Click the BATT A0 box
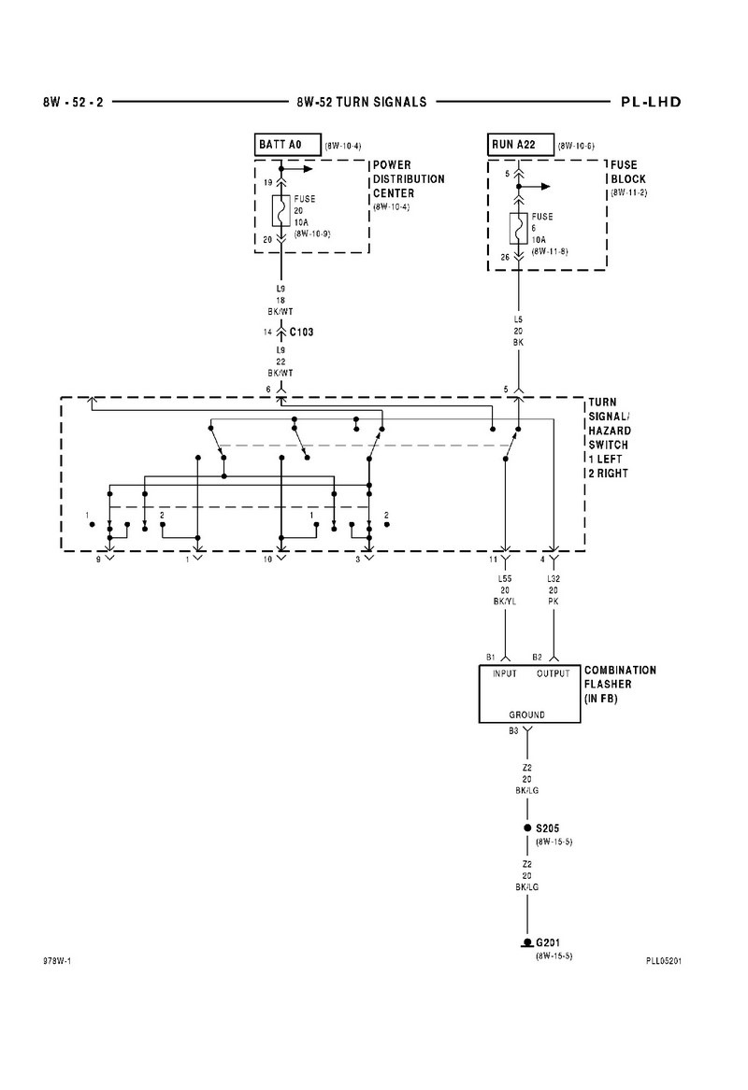pyautogui.click(x=288, y=145)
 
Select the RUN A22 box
pyautogui.click(x=521, y=145)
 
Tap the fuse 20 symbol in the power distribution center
pyautogui.click(x=281, y=211)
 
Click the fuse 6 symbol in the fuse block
pyautogui.click(x=518, y=229)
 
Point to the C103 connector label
pyautogui.click(x=301, y=333)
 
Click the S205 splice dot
pyautogui.click(x=527, y=828)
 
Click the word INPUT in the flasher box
pyautogui.click(x=505, y=673)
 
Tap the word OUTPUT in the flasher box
pyautogui.click(x=554, y=673)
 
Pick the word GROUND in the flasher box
pyautogui.click(x=526, y=715)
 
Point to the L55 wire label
pyautogui.click(x=505, y=578)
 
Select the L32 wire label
pyautogui.click(x=554, y=578)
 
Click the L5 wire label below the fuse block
pyautogui.click(x=518, y=319)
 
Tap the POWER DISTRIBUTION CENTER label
pyautogui.click(x=409, y=179)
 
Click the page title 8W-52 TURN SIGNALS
pyautogui.click(x=362, y=102)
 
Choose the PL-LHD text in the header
pyautogui.click(x=652, y=102)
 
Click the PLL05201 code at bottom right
pyautogui.click(x=663, y=961)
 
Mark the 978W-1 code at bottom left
pyautogui.click(x=57, y=961)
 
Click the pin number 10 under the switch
pyautogui.click(x=267, y=559)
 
